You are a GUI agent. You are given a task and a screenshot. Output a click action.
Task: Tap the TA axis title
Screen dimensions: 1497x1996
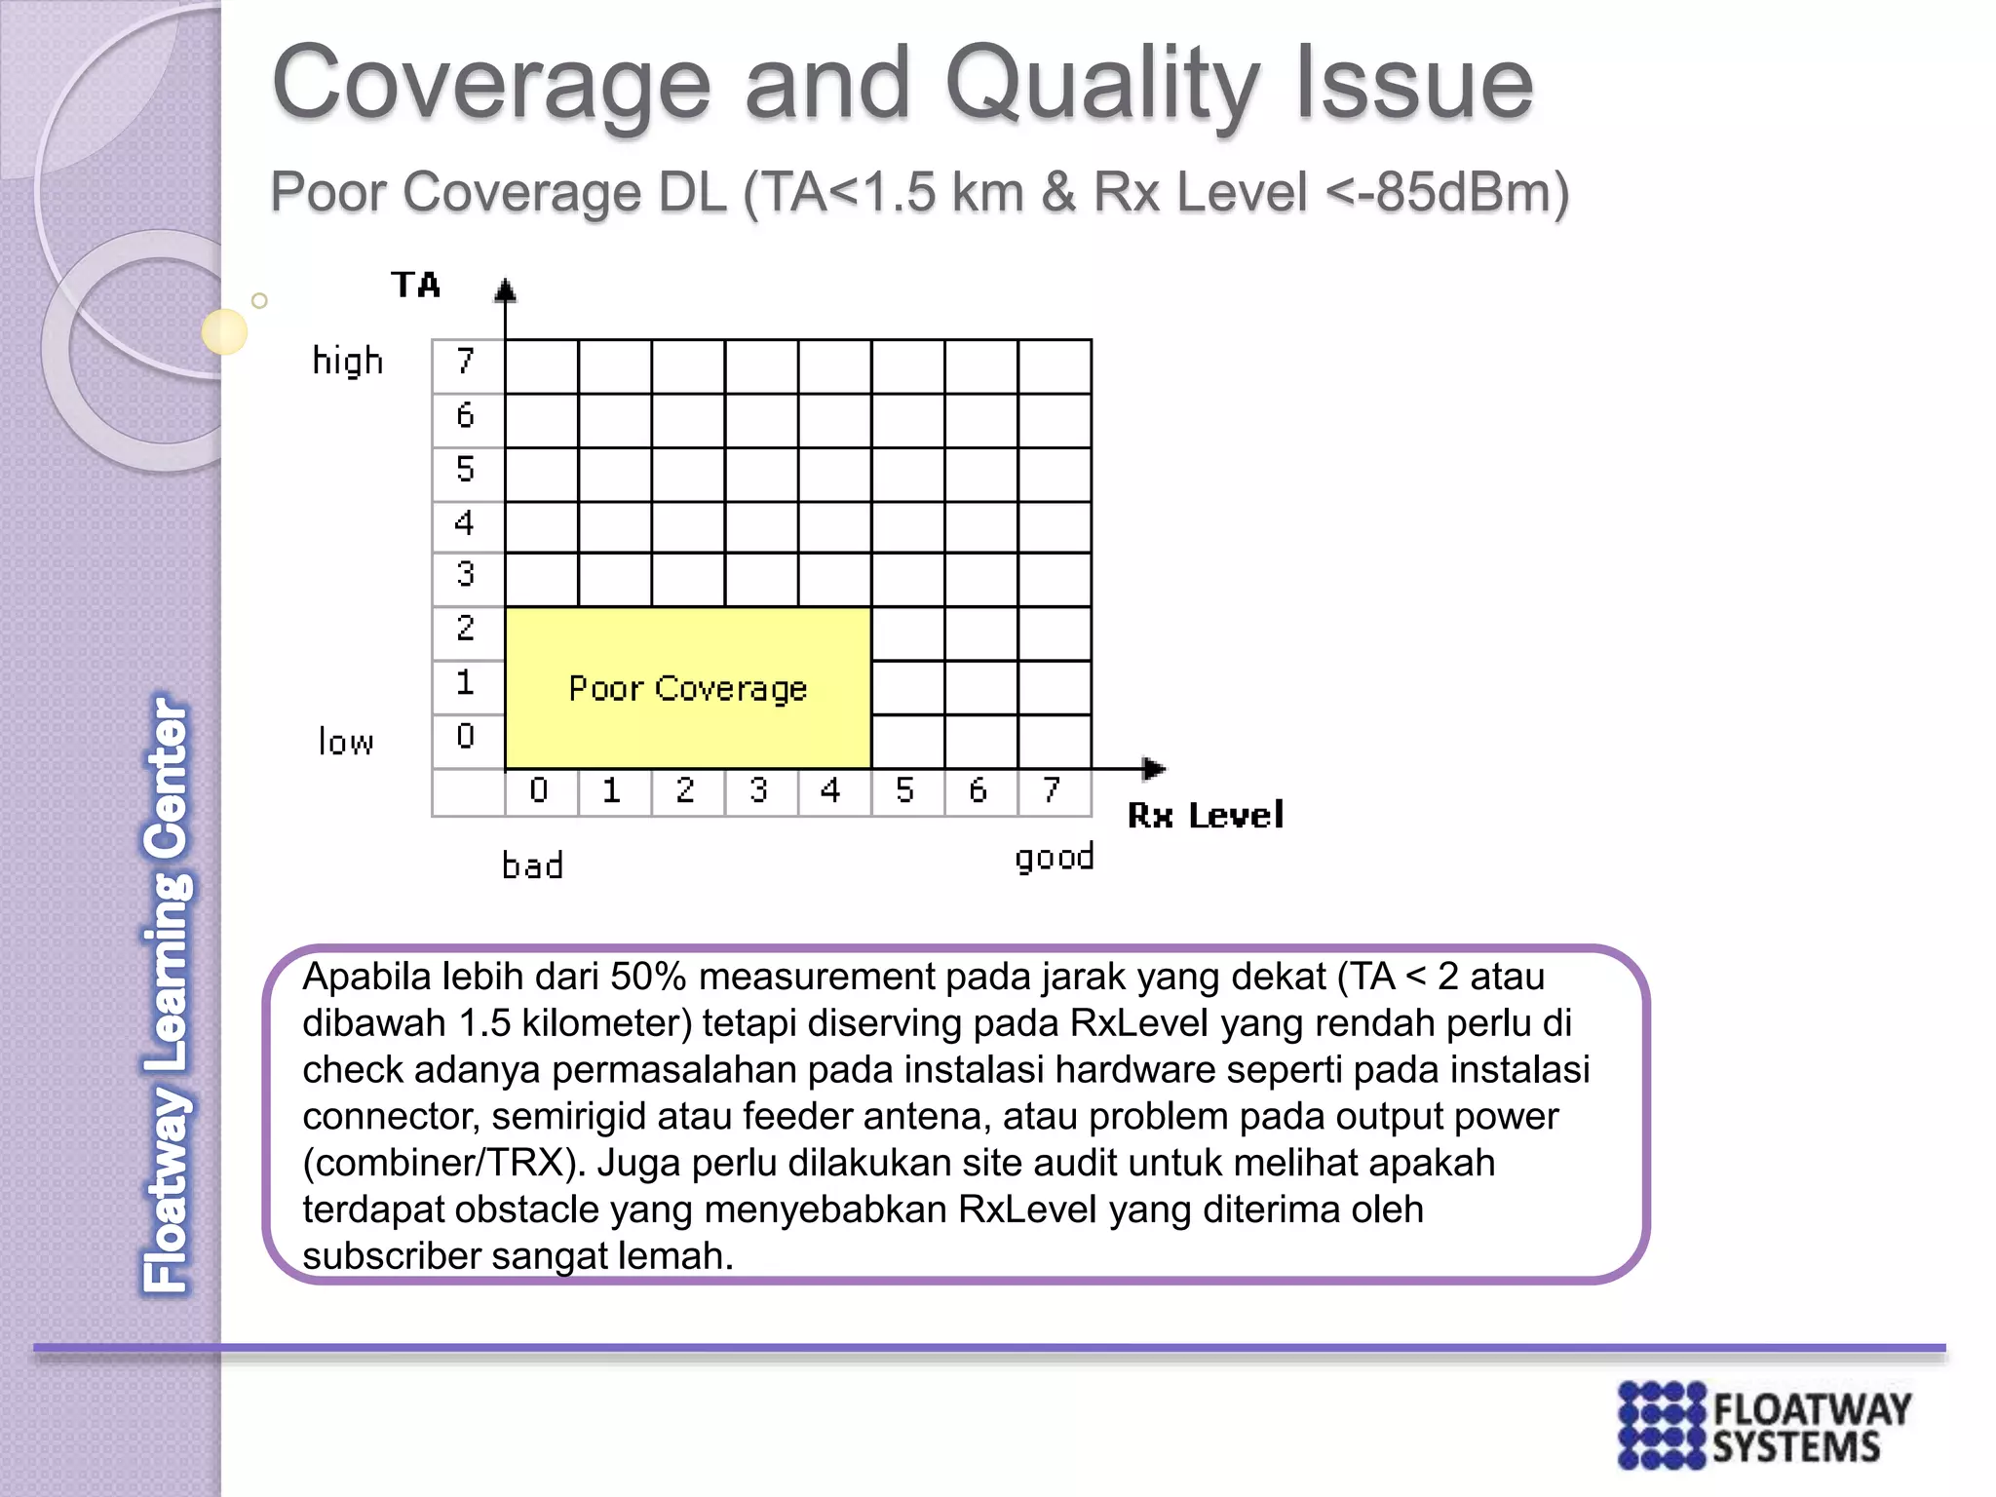416,285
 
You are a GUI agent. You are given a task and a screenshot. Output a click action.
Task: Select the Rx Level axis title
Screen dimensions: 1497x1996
1205,815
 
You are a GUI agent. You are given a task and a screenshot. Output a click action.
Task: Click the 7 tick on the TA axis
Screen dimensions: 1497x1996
466,362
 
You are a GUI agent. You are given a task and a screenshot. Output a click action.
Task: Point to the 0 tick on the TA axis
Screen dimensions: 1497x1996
466,736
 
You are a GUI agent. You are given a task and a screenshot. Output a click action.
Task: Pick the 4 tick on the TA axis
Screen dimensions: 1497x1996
465,523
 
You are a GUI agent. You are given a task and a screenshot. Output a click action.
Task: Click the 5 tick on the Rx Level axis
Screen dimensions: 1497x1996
905,790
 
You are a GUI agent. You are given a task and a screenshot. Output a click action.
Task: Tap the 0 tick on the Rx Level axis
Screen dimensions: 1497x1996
539,790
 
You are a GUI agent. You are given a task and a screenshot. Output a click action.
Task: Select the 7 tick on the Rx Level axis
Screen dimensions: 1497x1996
1052,790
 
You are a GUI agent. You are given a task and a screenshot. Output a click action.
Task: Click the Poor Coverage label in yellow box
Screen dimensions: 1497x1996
688,688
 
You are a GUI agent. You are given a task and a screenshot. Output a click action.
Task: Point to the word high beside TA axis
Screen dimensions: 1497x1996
347,362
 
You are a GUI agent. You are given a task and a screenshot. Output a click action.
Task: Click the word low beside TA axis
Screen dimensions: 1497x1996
346,743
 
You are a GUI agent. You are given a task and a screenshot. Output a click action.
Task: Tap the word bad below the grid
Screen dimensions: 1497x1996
532,865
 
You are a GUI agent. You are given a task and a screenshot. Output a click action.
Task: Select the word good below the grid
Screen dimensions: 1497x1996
1054,858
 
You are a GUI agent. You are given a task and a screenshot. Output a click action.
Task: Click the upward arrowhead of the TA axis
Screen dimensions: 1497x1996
505,289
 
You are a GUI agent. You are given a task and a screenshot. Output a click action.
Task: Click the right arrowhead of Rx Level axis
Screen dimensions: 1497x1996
1155,769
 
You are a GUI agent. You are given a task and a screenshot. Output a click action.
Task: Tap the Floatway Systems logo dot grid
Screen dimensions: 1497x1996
1663,1425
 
